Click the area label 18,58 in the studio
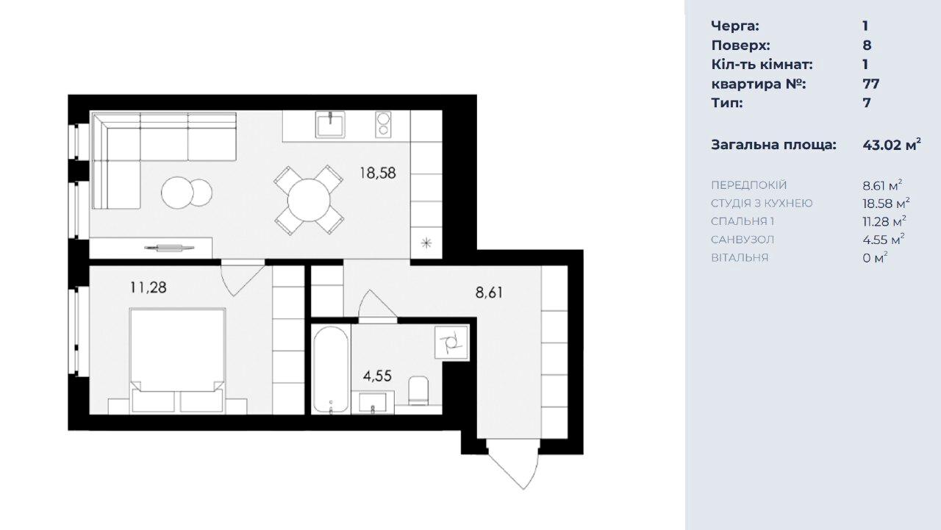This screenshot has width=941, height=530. click(377, 173)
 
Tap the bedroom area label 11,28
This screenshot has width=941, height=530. click(149, 287)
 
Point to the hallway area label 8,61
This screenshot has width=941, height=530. click(489, 293)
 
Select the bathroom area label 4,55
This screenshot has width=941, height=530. click(377, 376)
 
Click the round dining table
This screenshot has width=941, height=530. click(309, 201)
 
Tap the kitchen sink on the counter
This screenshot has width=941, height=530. click(330, 124)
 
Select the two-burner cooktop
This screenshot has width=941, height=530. click(383, 124)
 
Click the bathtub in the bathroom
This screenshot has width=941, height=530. click(331, 370)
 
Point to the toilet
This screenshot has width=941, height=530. click(418, 390)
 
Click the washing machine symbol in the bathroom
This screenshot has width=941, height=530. click(451, 343)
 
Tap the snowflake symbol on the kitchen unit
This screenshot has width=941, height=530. click(426, 243)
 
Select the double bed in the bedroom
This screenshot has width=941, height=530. click(177, 360)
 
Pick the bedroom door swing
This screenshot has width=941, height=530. click(242, 279)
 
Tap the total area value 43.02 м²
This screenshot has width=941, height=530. click(892, 145)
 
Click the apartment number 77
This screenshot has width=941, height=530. click(871, 84)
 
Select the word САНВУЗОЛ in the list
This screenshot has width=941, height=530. click(743, 240)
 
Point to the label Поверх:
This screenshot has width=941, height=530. click(740, 46)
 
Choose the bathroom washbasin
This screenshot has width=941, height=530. click(373, 402)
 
